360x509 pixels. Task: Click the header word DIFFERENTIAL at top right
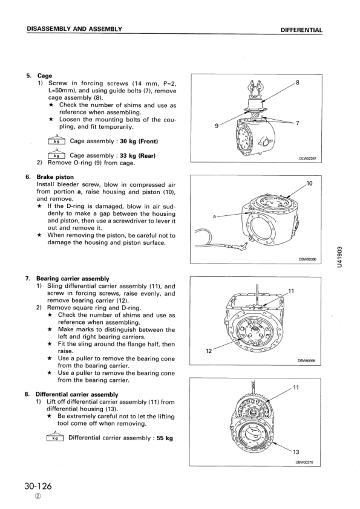pos(301,30)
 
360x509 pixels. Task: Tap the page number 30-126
pos(38,486)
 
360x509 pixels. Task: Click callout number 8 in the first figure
pos(297,82)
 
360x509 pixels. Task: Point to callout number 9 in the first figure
pos(217,126)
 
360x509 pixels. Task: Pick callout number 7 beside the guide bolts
pos(297,123)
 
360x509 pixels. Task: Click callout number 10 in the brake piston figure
pos(309,183)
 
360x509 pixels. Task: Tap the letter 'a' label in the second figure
pos(214,216)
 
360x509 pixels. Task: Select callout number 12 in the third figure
pos(209,351)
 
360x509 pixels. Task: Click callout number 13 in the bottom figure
pos(296,452)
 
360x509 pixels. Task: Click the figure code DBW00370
pos(304,462)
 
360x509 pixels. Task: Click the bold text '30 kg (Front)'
pos(139,141)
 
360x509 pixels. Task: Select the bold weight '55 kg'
pos(165,438)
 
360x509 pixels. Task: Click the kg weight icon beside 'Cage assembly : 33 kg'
pos(56,155)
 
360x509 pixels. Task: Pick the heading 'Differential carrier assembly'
pos(77,394)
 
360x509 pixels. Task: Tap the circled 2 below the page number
pos(38,497)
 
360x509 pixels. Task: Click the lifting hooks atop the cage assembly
pos(256,88)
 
